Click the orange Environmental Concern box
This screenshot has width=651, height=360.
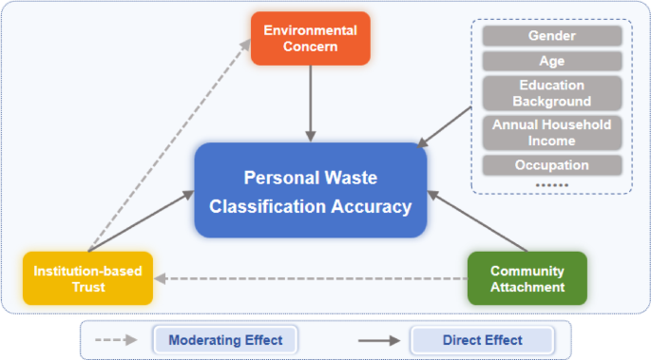(x=310, y=39)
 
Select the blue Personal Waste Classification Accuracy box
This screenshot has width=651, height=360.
(x=311, y=191)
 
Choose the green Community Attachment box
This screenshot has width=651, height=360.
(x=527, y=278)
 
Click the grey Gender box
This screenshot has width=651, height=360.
(x=552, y=36)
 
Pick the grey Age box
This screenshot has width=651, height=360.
(x=552, y=61)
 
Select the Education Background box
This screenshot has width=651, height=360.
(x=552, y=93)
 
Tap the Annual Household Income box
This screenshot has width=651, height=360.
(x=552, y=133)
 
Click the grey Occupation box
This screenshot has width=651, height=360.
(x=552, y=165)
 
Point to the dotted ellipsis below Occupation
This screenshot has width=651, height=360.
(x=552, y=184)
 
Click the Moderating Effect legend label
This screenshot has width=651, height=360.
(x=225, y=339)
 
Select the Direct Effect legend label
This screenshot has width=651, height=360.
(x=482, y=339)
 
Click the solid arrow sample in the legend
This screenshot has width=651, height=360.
(x=379, y=339)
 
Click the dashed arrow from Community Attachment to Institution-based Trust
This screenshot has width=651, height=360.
(x=314, y=279)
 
